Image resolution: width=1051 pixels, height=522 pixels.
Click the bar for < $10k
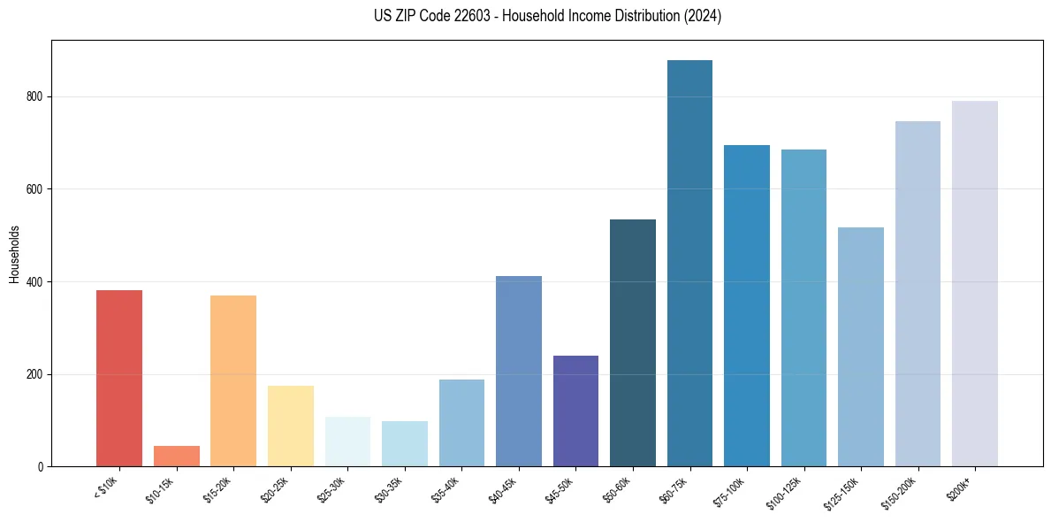pos(119,379)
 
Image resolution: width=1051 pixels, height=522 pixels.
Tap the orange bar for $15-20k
pos(233,381)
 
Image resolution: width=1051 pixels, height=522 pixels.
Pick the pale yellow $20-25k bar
pos(290,426)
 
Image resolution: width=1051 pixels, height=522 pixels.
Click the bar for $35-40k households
pos(461,423)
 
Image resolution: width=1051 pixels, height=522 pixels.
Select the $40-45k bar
pos(518,372)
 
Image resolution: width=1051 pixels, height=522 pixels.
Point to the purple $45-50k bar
pos(575,411)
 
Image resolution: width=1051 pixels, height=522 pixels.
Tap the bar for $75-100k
pos(746,306)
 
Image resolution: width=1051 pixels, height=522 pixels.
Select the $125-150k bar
pos(860,347)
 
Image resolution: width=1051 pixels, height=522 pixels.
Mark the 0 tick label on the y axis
pos(41,466)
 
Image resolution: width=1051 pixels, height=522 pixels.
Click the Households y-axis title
pos(15,254)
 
